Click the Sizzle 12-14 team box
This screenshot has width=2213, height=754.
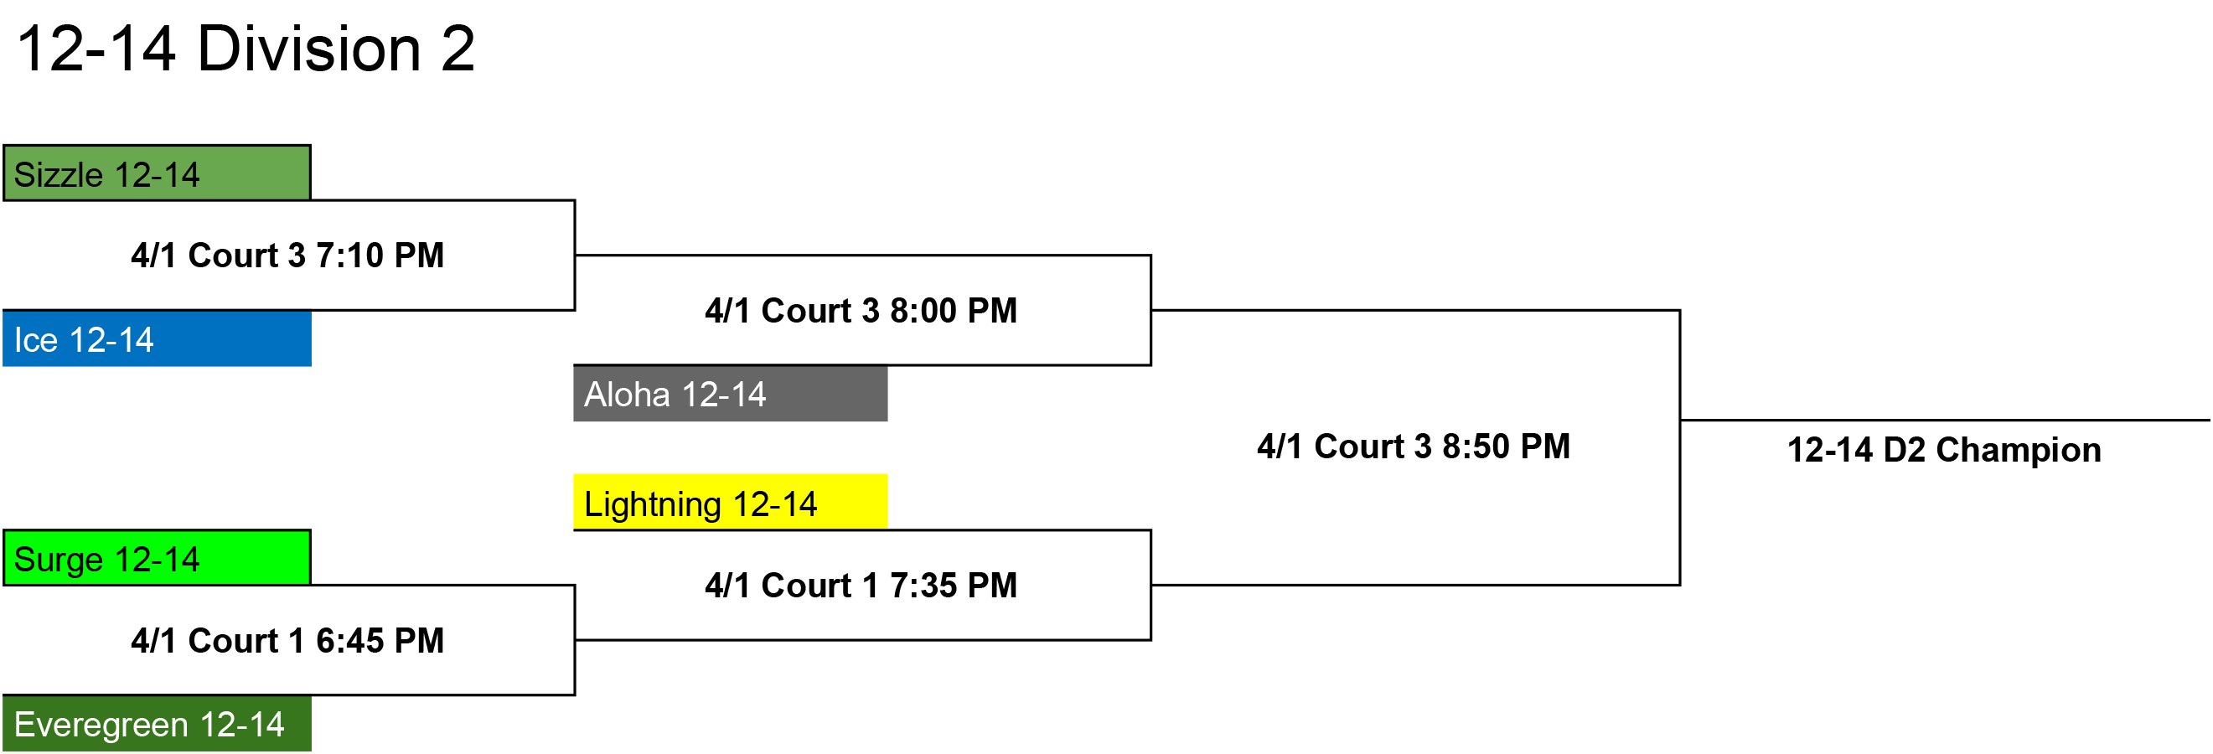coord(158,173)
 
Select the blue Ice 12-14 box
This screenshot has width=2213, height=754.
coord(158,339)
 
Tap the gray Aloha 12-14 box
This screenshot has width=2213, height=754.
coord(730,393)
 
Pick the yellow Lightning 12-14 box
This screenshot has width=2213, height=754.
coord(730,503)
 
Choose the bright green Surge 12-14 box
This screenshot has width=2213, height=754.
coord(158,558)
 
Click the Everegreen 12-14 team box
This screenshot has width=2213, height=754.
coord(158,724)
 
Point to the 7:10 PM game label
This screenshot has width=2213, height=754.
coord(287,255)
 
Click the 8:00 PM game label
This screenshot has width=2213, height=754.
coord(861,310)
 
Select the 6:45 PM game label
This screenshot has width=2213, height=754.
coord(287,641)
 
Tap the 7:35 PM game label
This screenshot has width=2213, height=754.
coord(861,586)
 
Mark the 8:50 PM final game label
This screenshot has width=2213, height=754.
coord(1414,447)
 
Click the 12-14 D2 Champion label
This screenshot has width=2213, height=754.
coord(1944,450)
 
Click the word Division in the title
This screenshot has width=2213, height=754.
coord(309,48)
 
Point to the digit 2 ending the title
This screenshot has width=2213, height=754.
coord(458,48)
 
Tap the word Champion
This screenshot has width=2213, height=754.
coord(2018,450)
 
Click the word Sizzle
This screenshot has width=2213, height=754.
coord(59,175)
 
